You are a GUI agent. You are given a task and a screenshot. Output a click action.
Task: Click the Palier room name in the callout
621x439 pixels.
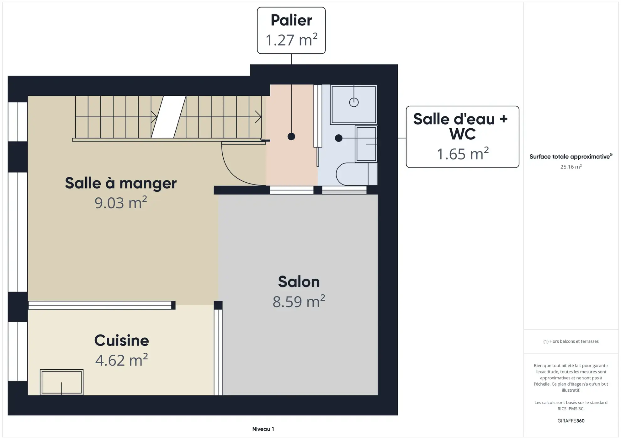pyautogui.click(x=291, y=20)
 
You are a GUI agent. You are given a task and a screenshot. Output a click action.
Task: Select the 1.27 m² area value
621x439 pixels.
pyautogui.click(x=291, y=40)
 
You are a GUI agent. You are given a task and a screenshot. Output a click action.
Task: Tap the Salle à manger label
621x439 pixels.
pyautogui.click(x=121, y=183)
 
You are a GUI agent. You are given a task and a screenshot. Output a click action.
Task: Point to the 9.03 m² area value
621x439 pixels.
pyautogui.click(x=121, y=203)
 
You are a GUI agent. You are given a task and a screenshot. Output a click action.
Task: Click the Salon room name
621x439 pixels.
pyautogui.click(x=299, y=281)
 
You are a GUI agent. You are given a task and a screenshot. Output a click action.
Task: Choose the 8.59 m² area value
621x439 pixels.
pyautogui.click(x=299, y=302)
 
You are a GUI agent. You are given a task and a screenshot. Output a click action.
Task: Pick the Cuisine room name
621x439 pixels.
pyautogui.click(x=121, y=340)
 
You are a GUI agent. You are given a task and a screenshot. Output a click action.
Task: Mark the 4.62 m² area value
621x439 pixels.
pyautogui.click(x=121, y=360)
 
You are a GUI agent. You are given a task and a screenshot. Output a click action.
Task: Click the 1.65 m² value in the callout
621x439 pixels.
pyautogui.click(x=462, y=154)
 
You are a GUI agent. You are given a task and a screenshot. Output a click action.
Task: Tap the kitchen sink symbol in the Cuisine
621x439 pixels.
pyautogui.click(x=61, y=382)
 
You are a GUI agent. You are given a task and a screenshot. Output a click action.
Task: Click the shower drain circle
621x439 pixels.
pyautogui.click(x=354, y=102)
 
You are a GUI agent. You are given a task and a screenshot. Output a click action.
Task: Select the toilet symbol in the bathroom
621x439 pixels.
pyautogui.click(x=353, y=174)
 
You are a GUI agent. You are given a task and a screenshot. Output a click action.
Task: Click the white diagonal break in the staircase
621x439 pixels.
pyautogui.click(x=168, y=117)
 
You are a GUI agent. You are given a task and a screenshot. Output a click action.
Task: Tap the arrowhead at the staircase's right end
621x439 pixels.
pyautogui.click(x=258, y=117)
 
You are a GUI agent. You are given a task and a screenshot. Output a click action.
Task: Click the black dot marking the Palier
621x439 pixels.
pyautogui.click(x=291, y=137)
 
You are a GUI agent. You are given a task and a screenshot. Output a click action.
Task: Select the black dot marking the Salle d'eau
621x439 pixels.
pyautogui.click(x=338, y=138)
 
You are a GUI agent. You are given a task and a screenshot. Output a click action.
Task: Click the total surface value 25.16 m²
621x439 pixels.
pyautogui.click(x=571, y=167)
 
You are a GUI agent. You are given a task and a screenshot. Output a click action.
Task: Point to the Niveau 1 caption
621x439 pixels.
pyautogui.click(x=263, y=429)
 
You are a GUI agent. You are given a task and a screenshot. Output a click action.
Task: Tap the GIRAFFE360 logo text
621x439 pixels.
pyautogui.click(x=571, y=421)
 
